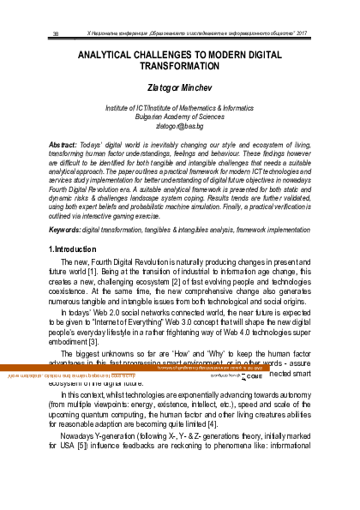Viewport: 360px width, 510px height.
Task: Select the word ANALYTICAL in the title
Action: [112, 54]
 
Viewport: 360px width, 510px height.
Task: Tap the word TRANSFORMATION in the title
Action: [180, 66]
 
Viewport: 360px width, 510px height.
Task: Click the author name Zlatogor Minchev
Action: [179, 87]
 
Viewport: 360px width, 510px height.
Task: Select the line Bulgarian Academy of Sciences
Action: [179, 117]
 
